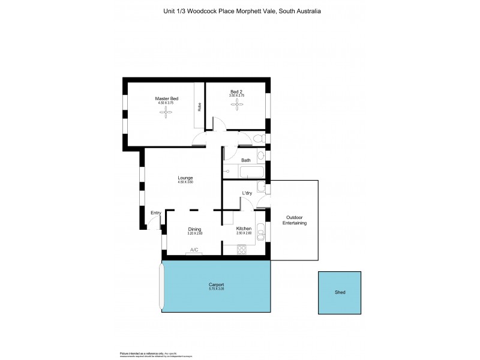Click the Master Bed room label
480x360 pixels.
point(166,98)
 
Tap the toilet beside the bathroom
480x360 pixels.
point(258,139)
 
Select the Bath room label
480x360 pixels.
point(246,160)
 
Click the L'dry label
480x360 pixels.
point(247,193)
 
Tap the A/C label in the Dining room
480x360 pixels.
point(194,250)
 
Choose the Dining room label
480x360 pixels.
point(194,229)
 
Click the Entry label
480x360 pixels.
point(156,212)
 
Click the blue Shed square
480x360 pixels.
point(340,293)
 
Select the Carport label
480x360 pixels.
point(217,284)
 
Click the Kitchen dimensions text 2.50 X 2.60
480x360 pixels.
point(243,233)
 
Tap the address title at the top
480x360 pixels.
point(242,11)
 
